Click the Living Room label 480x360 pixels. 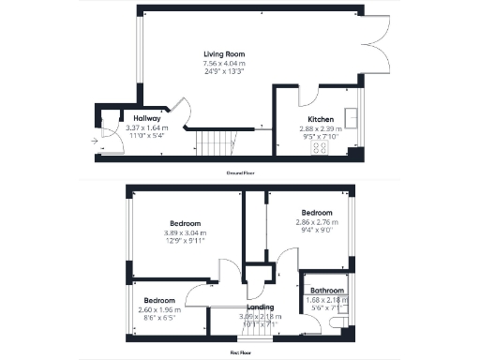(x=224, y=54)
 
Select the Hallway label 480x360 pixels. (x=121, y=118)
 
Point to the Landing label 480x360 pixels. (x=259, y=307)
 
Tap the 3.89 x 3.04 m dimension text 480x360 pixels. (x=185, y=232)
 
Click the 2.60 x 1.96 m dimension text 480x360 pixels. (x=157, y=309)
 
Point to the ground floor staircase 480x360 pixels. (x=217, y=143)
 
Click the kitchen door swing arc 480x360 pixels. (x=307, y=97)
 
